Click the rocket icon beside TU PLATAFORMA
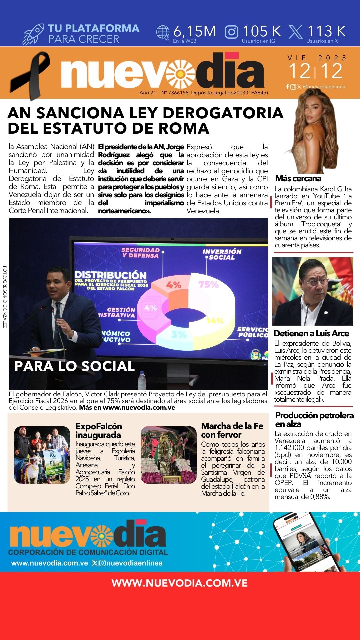pyautogui.click(x=33, y=34)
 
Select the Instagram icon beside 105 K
pyautogui.click(x=232, y=32)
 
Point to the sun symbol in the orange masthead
pyautogui.click(x=180, y=73)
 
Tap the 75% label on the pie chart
pyautogui.click(x=208, y=284)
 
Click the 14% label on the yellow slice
pyautogui.click(x=215, y=321)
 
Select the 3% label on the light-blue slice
pyautogui.click(x=179, y=334)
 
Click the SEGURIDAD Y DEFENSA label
pyautogui.click(x=140, y=253)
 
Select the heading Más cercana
pyautogui.click(x=298, y=178)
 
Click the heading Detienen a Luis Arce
pyautogui.click(x=311, y=333)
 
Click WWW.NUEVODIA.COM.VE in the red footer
pyautogui.click(x=180, y=583)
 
